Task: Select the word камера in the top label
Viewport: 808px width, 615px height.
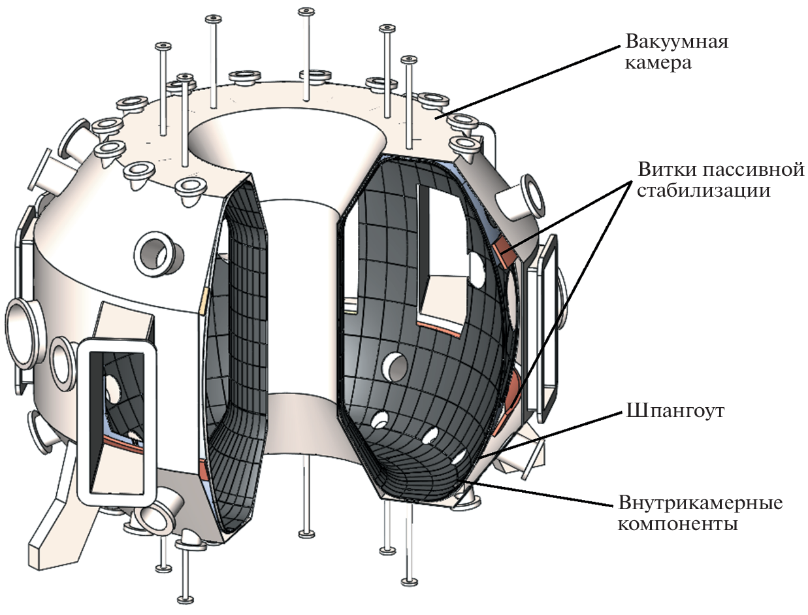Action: tap(658, 64)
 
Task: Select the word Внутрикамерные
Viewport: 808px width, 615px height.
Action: tap(700, 504)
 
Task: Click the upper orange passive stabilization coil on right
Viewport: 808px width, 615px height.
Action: tap(506, 250)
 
